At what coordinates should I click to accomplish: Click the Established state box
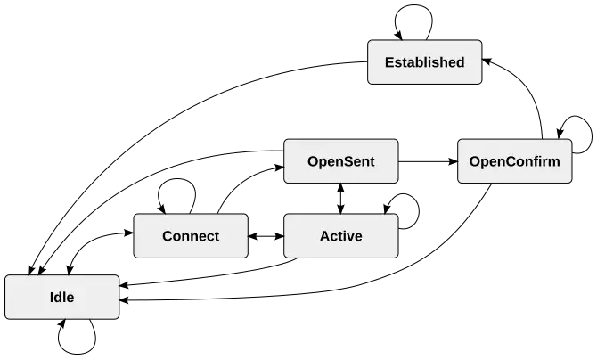(425, 62)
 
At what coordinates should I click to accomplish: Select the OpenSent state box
(340, 161)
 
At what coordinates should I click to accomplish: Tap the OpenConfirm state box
(514, 161)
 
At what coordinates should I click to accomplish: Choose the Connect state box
(191, 236)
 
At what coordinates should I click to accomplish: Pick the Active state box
(340, 236)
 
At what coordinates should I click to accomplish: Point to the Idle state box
(62, 298)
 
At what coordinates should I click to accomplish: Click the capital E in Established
(388, 62)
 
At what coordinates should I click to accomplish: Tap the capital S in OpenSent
(348, 161)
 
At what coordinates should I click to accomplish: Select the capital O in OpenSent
(313, 161)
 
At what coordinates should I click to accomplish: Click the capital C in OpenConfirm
(511, 161)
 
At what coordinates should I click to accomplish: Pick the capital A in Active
(324, 236)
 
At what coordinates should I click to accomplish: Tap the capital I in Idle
(53, 298)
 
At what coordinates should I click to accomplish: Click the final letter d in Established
(460, 62)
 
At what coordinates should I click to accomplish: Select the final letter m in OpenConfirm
(554, 161)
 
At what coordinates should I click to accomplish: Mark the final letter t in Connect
(217, 236)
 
